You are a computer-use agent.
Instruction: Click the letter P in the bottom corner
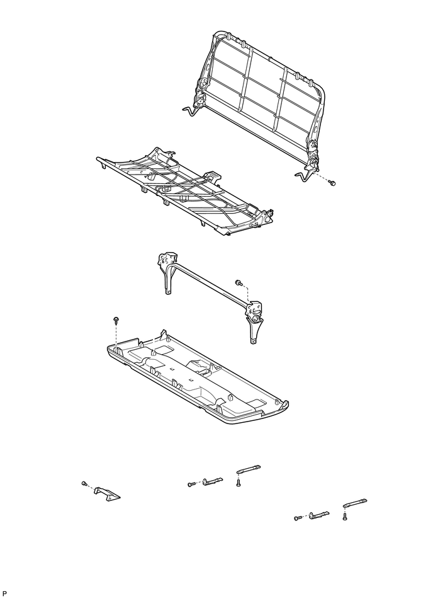click(x=5, y=593)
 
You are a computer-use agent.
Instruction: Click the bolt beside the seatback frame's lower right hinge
click(x=332, y=182)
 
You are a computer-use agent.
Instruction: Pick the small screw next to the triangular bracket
click(x=84, y=483)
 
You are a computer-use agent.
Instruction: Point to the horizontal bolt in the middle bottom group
click(x=191, y=484)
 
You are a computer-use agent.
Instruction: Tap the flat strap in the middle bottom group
click(x=248, y=469)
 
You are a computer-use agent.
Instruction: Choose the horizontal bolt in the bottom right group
click(x=297, y=517)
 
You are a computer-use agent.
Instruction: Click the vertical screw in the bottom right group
click(x=346, y=517)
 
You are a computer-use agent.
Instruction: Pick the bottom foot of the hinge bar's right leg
click(x=254, y=341)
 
